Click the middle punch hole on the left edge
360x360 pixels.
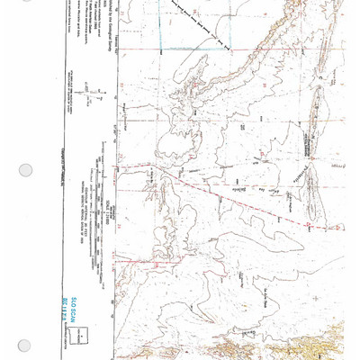25,169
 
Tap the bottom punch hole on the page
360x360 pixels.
25,344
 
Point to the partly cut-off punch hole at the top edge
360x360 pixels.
25,3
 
